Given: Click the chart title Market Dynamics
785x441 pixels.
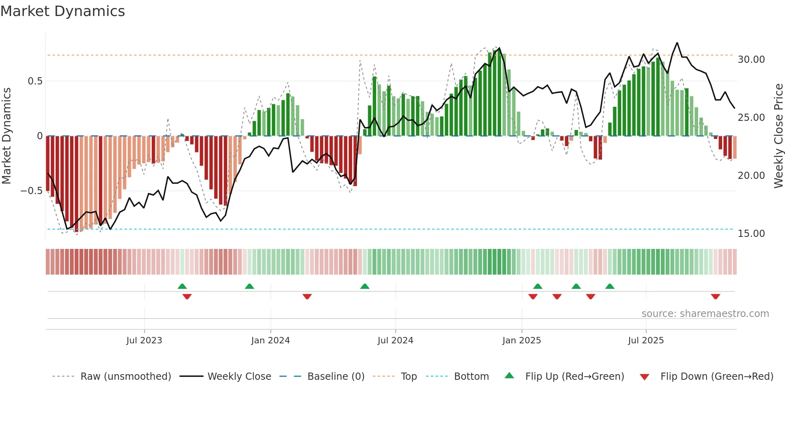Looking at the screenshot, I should point(62,11).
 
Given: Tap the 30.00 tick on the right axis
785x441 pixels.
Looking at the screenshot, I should point(751,60).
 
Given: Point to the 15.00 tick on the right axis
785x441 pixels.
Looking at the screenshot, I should point(751,234).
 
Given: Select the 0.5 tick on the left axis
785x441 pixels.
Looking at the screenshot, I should point(35,81).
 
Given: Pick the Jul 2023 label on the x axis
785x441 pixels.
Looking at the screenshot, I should point(144,341).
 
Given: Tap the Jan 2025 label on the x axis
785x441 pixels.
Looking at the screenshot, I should point(521,341).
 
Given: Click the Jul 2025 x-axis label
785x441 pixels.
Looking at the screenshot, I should point(646,341).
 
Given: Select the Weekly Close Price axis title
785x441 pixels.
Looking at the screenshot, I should point(778,136).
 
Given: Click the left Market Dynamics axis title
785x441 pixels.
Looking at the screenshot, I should point(6,136).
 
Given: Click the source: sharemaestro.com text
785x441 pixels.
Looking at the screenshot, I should point(705,314).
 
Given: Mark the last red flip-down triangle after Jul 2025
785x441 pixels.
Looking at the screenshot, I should point(715,297).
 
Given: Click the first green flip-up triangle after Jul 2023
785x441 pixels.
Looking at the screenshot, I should point(182,286).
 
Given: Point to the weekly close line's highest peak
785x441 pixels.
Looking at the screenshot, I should point(677,43).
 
